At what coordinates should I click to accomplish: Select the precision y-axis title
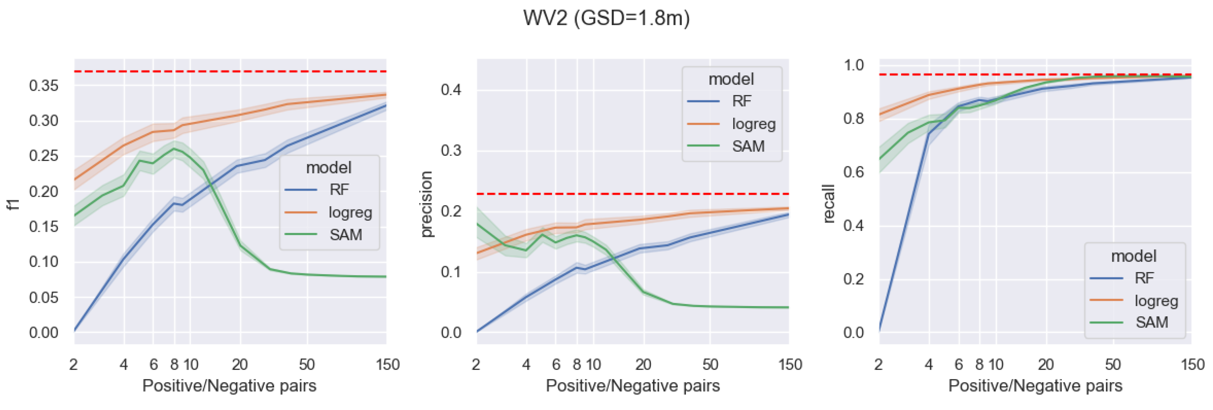pyautogui.click(x=426, y=204)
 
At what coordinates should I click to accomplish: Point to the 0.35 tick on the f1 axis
pyautogui.click(x=44, y=86)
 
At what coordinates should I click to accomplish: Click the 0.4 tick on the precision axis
pyautogui.click(x=451, y=90)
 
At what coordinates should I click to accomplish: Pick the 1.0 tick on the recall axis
pyautogui.click(x=854, y=65)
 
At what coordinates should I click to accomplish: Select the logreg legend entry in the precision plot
pyautogui.click(x=753, y=124)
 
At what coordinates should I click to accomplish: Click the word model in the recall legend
pyautogui.click(x=1133, y=256)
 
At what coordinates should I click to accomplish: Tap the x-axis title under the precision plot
pyautogui.click(x=632, y=386)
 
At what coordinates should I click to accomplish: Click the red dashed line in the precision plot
pyautogui.click(x=632, y=194)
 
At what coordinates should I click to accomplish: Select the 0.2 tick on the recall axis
pyautogui.click(x=854, y=279)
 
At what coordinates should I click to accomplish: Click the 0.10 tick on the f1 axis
pyautogui.click(x=44, y=262)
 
